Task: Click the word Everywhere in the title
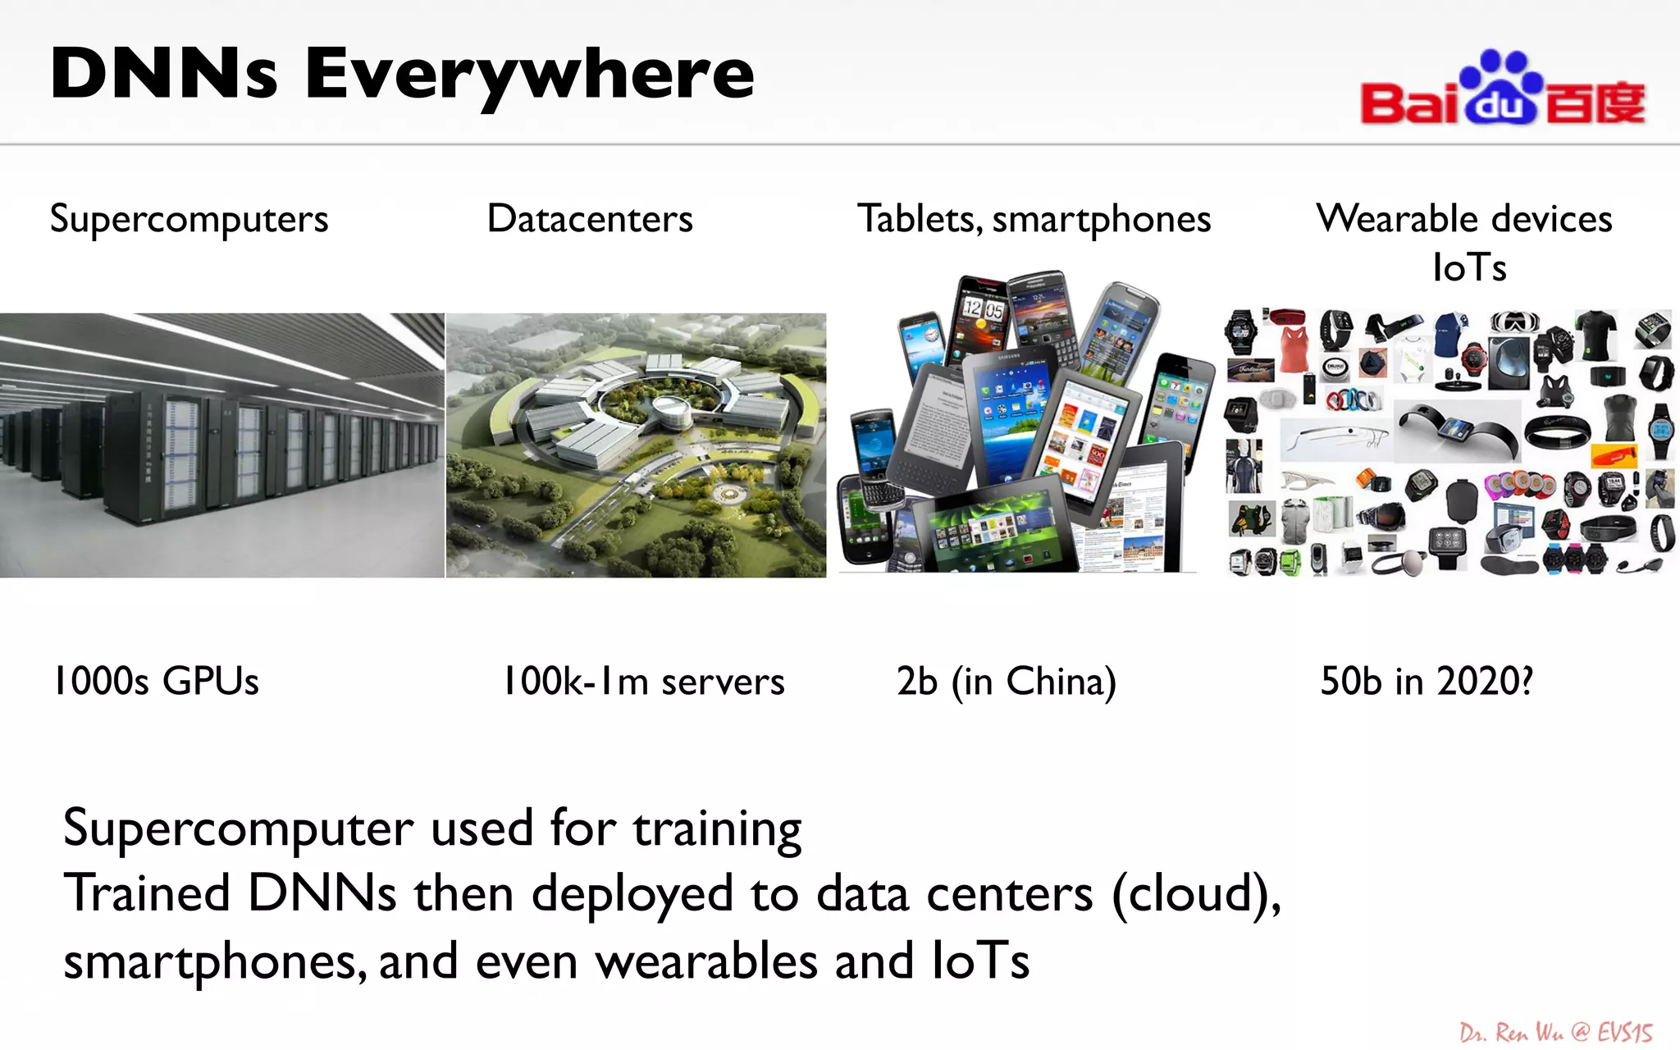pyautogui.click(x=529, y=74)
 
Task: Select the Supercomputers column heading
pyautogui.click(x=189, y=219)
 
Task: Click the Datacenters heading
pyautogui.click(x=590, y=219)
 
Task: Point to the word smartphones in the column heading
pyautogui.click(x=1101, y=220)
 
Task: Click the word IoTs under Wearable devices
pyautogui.click(x=1468, y=267)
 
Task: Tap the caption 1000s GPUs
pyautogui.click(x=156, y=681)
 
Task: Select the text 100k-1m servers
pyautogui.click(x=643, y=681)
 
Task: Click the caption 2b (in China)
pyautogui.click(x=1006, y=681)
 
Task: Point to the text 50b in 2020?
pyautogui.click(x=1426, y=681)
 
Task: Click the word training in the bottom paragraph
pyautogui.click(x=717, y=829)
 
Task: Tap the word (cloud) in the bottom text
pyautogui.click(x=1194, y=894)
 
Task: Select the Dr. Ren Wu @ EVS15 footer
pyautogui.click(x=1555, y=1032)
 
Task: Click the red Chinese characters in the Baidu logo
pyautogui.click(x=1595, y=103)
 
